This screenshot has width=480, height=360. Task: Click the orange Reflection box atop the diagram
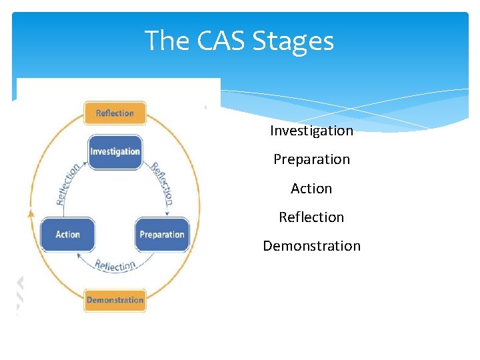(115, 113)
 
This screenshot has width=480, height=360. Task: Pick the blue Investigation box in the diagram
(115, 152)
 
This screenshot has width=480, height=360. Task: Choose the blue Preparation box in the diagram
(162, 235)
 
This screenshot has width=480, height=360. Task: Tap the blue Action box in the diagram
(67, 235)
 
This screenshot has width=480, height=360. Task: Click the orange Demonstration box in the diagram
(115, 300)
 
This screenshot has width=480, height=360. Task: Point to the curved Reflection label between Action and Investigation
(69, 183)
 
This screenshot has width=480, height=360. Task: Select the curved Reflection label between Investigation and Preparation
(162, 183)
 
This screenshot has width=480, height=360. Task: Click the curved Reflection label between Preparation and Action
(115, 265)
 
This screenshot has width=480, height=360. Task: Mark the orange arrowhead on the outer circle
(29, 214)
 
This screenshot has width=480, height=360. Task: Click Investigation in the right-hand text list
(311, 131)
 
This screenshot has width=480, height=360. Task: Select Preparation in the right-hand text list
(311, 159)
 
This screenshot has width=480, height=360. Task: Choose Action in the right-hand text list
(311, 189)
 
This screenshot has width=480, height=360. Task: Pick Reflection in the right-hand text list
(311, 217)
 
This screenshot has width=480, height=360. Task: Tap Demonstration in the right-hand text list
(311, 246)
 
